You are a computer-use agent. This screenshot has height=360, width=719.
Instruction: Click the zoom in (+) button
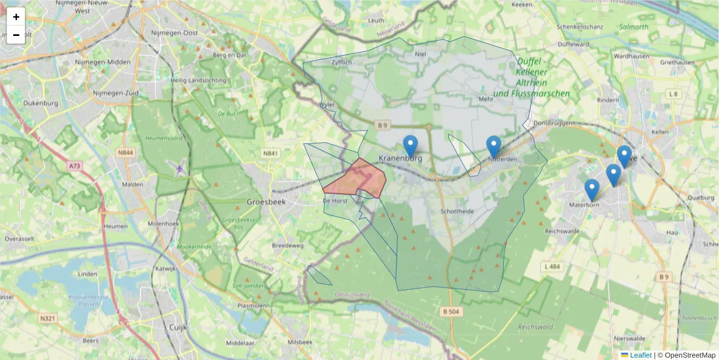(x=16, y=17)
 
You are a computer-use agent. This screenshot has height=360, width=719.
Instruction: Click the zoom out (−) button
(x=16, y=35)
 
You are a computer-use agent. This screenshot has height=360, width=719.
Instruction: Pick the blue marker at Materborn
(x=591, y=190)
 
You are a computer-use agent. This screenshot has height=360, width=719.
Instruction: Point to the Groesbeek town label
(x=266, y=202)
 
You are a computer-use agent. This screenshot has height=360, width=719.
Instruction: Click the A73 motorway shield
(x=74, y=166)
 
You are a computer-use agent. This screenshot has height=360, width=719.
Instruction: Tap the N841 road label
(x=271, y=154)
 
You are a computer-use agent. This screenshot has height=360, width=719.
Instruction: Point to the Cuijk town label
(x=178, y=327)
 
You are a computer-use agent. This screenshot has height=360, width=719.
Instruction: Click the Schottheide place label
(x=457, y=212)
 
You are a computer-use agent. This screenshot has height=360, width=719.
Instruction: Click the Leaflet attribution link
(x=640, y=355)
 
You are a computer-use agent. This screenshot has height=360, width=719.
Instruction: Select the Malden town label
(x=132, y=185)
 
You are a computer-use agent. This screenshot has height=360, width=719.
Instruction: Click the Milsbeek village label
(x=300, y=341)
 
